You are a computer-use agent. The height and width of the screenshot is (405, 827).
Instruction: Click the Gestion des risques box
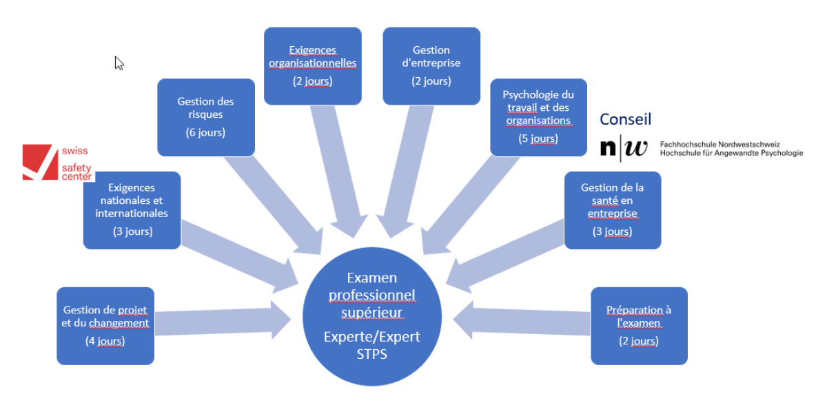(205, 117)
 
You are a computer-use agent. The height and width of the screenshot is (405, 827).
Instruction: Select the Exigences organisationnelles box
(312, 65)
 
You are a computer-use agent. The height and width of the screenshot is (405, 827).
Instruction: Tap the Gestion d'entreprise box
(431, 65)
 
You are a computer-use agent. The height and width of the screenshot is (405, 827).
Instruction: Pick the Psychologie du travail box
(538, 117)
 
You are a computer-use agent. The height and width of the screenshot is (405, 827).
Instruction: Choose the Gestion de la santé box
(613, 210)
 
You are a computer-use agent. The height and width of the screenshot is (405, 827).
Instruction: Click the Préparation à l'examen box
(639, 325)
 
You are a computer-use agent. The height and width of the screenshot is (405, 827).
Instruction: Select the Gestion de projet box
(105, 325)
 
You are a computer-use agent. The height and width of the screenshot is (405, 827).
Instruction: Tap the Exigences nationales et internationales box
(132, 210)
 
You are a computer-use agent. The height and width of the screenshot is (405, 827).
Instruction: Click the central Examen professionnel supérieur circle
(372, 317)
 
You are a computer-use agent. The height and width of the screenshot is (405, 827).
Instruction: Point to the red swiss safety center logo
(39, 163)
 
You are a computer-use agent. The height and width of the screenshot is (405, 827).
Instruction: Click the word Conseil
(625, 119)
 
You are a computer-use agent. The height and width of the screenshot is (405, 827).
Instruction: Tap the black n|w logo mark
(623, 148)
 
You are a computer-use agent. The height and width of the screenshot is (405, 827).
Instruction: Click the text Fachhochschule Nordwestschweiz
(719, 144)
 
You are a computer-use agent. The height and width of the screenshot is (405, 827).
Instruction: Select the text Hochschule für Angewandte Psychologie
(731, 153)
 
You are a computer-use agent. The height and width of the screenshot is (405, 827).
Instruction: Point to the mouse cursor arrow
(119, 63)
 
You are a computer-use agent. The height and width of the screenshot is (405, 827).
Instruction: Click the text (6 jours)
(205, 132)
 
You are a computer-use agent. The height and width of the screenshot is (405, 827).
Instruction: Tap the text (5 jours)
(538, 138)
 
